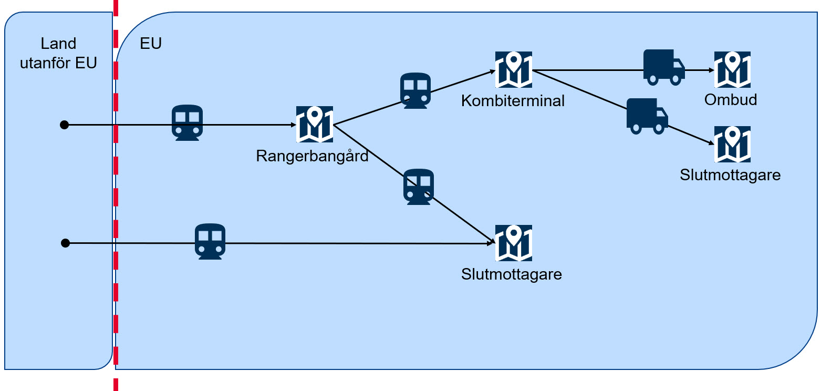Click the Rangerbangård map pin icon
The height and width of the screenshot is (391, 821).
click(314, 124)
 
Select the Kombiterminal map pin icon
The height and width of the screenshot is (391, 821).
click(513, 69)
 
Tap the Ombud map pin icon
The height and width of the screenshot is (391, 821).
click(732, 69)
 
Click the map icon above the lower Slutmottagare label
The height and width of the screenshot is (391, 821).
click(513, 243)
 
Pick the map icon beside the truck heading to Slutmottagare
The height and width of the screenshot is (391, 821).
click(732, 144)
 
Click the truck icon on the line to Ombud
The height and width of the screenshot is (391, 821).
click(664, 67)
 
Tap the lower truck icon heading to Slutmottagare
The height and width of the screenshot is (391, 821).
click(647, 116)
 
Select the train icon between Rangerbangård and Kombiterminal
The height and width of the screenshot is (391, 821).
click(415, 90)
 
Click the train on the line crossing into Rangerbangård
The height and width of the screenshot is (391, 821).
click(188, 122)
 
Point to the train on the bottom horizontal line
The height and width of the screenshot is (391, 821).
click(210, 241)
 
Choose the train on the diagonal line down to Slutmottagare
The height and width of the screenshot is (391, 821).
click(419, 187)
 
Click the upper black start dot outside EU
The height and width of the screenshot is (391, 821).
click(64, 125)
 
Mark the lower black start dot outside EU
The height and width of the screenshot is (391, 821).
click(65, 243)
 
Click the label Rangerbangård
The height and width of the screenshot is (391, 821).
click(312, 156)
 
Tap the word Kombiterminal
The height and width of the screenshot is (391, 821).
click(513, 101)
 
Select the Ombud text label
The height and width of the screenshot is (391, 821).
click(731, 100)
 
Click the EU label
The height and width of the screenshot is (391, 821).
click(151, 43)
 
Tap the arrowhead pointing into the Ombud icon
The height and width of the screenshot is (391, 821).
click(710, 70)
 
